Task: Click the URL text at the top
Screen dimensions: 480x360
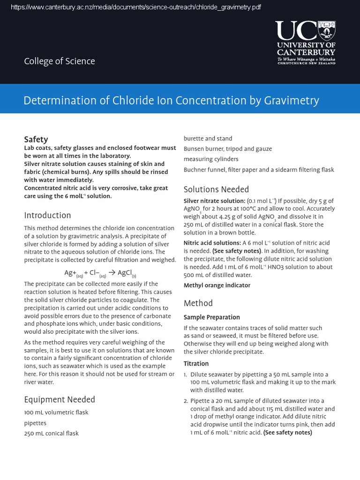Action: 135,7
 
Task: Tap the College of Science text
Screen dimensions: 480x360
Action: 60,61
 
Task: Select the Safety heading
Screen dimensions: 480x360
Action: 36,139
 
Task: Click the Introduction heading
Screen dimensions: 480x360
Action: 47,215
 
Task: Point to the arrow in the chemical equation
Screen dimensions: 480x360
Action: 111,273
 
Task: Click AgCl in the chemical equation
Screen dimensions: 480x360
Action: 126,273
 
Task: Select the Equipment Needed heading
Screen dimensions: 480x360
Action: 60,399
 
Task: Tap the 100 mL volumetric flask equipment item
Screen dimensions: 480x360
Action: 56,412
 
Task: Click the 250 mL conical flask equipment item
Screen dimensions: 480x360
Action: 51,434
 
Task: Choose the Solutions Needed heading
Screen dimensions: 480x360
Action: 216,189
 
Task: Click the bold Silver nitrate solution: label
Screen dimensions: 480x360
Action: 214,201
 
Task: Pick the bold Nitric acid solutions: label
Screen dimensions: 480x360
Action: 212,243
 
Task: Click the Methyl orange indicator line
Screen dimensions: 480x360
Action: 217,285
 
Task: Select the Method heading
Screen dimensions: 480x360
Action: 198,303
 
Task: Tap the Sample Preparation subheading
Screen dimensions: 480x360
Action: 211,317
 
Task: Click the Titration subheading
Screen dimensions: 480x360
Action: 196,364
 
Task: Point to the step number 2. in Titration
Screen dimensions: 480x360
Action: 186,401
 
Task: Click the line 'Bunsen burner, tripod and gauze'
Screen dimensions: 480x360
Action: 228,149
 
